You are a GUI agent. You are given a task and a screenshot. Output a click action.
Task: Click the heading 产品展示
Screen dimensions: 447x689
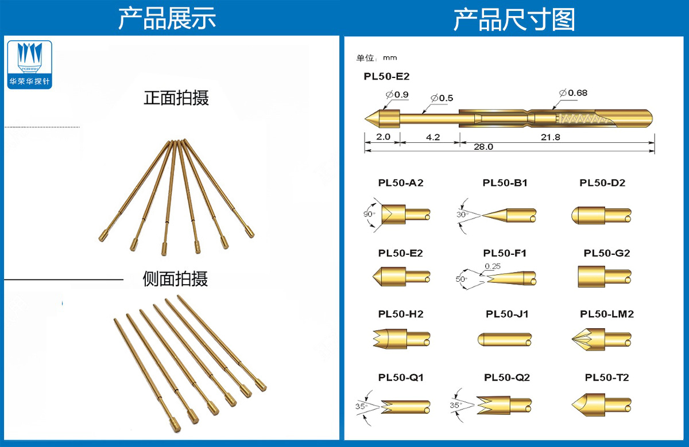(167, 19)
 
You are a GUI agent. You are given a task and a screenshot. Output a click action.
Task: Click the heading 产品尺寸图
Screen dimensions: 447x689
(514, 19)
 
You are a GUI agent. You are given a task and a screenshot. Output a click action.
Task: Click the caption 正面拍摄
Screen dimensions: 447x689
(176, 98)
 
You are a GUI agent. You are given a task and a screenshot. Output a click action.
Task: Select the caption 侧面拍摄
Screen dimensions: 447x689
(175, 279)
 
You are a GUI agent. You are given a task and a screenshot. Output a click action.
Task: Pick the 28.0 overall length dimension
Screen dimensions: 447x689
(483, 147)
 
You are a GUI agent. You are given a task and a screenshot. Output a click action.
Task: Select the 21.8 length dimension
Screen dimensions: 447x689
(549, 137)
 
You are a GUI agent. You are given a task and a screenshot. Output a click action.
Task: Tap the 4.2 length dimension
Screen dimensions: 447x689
(433, 137)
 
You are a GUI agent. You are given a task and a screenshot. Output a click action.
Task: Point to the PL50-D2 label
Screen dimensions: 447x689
(602, 183)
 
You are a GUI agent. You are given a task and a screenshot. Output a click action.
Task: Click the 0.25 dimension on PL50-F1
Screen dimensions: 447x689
(492, 266)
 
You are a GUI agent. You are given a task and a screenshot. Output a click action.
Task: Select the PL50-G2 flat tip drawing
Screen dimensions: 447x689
(603, 277)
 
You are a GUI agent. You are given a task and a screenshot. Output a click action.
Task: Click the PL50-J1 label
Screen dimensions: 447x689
(507, 314)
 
